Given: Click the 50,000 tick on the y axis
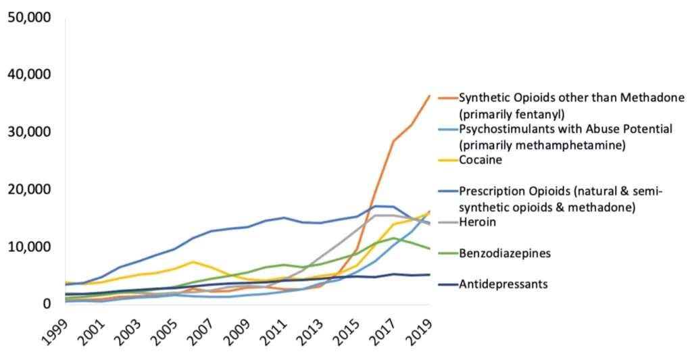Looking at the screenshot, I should (28, 17).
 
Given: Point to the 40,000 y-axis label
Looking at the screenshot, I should (28, 74).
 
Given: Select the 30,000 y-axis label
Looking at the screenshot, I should (28, 132).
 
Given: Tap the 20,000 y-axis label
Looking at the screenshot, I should (28, 190).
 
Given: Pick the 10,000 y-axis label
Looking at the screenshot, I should (28, 247).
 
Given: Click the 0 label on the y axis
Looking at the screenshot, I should (45, 305).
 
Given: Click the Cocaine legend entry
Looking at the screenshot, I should (480, 160).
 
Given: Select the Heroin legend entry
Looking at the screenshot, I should (477, 222).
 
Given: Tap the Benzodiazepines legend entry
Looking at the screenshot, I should (503, 253).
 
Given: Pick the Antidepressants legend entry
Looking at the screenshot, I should (503, 284).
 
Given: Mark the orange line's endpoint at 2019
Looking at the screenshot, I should (430, 96).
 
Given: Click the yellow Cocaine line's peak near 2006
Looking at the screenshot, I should (193, 261).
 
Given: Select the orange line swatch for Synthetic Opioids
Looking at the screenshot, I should (447, 98).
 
